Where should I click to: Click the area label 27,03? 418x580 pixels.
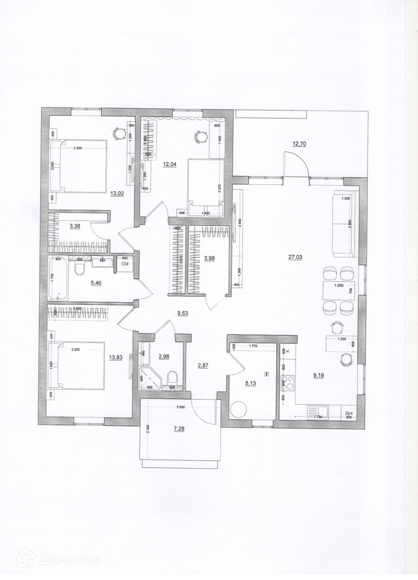295,257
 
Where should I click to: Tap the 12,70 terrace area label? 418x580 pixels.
299,144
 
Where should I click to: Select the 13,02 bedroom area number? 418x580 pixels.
117,194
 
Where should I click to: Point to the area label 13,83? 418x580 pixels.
115,357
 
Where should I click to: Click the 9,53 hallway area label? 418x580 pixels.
182,314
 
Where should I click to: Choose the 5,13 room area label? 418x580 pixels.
251,384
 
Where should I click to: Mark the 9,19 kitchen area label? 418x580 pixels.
319,376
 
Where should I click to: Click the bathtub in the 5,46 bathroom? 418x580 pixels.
58,278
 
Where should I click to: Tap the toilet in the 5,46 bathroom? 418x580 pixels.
79,269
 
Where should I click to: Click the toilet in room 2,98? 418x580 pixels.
172,378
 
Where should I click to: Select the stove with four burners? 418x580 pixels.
288,383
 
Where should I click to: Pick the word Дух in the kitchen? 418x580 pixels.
349,413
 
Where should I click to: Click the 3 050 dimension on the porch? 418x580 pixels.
180,407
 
